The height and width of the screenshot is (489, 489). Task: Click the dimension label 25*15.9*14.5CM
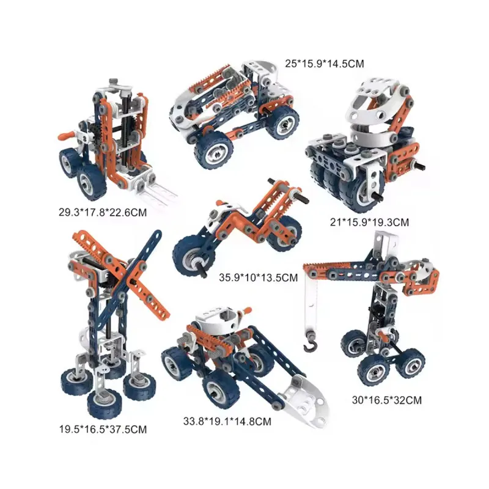coord(325,64)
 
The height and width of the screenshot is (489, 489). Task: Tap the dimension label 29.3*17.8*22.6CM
coord(103,212)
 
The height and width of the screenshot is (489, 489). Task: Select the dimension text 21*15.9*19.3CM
coord(369,222)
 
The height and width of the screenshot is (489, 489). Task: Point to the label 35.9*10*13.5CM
coord(258,278)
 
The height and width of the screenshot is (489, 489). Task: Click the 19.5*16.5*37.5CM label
coord(103,430)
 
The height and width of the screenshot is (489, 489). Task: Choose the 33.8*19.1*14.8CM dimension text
coord(227,421)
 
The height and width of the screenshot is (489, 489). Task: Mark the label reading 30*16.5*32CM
coord(387,400)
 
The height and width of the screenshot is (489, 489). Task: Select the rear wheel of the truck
coord(282,122)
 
